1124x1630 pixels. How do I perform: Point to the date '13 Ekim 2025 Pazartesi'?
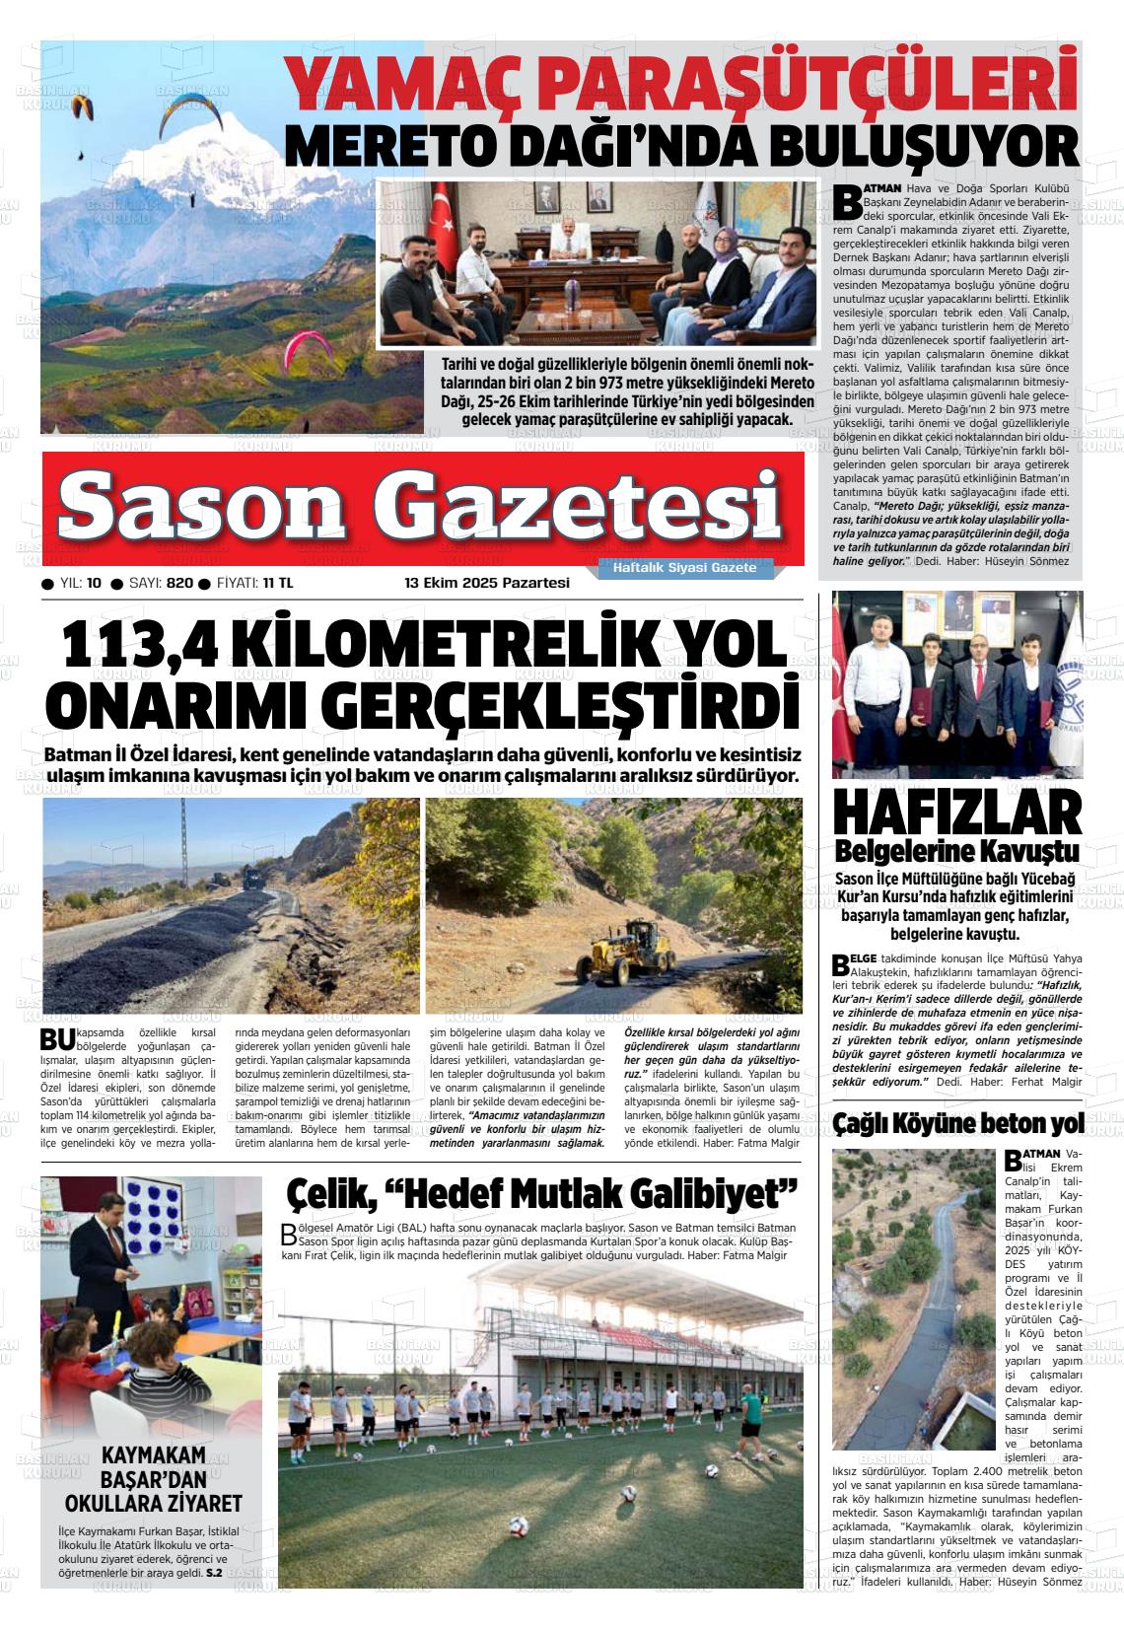(488, 583)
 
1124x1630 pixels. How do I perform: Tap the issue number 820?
(179, 583)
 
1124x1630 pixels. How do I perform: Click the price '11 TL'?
(278, 583)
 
